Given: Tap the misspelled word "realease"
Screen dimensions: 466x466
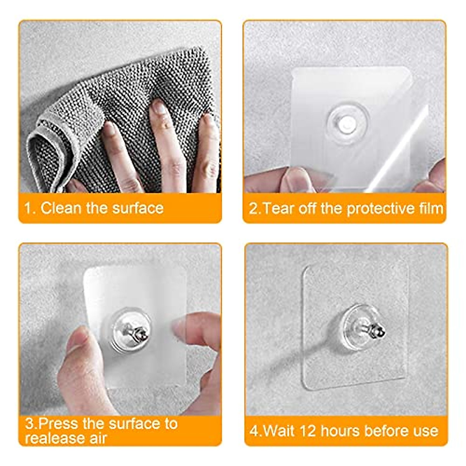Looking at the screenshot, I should click(x=50, y=438).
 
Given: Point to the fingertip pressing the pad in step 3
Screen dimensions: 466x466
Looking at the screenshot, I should click(x=183, y=326).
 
